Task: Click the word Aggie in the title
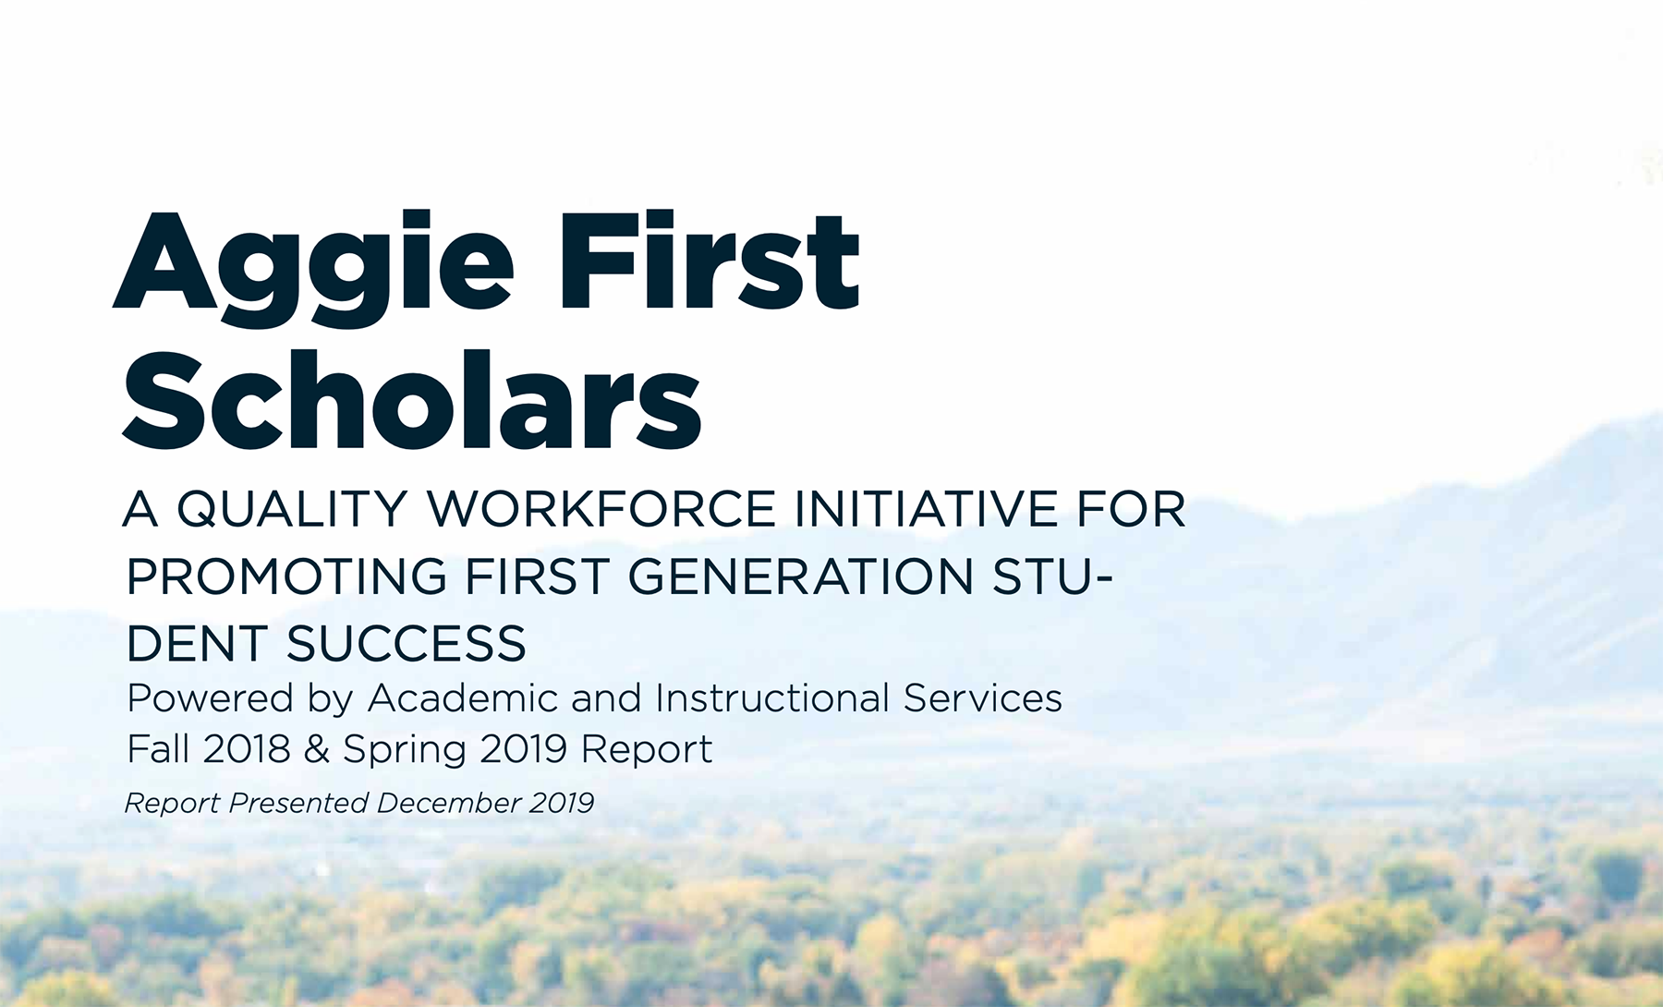point(313,269)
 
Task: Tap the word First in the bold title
point(710,261)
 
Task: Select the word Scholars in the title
point(412,399)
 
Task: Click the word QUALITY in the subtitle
point(292,510)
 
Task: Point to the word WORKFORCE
point(601,509)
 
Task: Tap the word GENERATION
point(801,576)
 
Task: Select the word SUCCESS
point(407,644)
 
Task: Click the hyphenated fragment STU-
point(1053,576)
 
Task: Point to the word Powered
point(210,698)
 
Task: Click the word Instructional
point(772,698)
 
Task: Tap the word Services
point(983,698)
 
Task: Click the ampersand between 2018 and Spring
point(317,749)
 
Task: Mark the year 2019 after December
point(562,803)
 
